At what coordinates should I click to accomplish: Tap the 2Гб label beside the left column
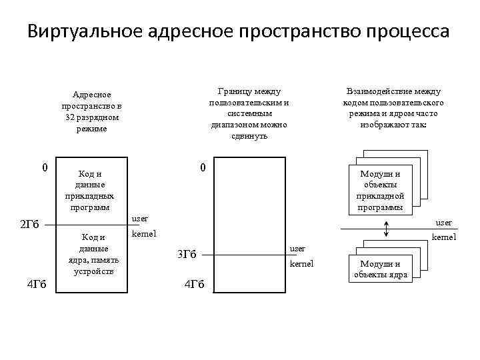pyautogui.click(x=31, y=224)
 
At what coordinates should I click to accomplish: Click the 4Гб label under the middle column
pyautogui.click(x=194, y=285)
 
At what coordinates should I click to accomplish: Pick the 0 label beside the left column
pyautogui.click(x=44, y=167)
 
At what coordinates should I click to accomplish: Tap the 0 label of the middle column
pyautogui.click(x=203, y=167)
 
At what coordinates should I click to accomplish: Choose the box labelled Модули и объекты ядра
pyautogui.click(x=381, y=269)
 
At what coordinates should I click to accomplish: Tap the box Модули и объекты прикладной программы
pyautogui.click(x=379, y=190)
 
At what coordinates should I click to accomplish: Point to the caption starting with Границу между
pyautogui.click(x=249, y=113)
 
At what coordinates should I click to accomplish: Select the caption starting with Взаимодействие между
pyautogui.click(x=393, y=107)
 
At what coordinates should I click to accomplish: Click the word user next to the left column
pyautogui.click(x=140, y=219)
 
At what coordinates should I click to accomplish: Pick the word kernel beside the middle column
pyautogui.click(x=301, y=265)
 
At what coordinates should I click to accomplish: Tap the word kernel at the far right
pyautogui.click(x=444, y=237)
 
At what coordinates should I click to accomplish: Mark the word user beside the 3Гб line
pyautogui.click(x=297, y=249)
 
